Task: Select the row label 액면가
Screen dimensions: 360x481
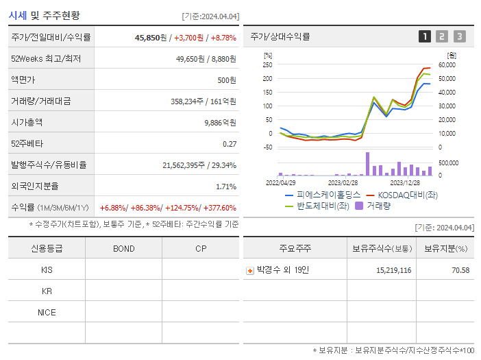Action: pos(23,80)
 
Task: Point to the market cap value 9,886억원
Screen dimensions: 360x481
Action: pos(221,123)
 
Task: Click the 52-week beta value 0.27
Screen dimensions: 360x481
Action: pos(230,144)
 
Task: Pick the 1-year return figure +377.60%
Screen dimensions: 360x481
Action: pos(218,208)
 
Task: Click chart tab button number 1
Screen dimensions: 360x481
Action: pos(425,36)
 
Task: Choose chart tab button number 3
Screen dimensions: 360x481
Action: pos(459,36)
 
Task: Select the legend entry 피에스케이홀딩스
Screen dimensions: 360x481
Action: pos(328,195)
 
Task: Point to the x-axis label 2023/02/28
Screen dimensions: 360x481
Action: pos(343,182)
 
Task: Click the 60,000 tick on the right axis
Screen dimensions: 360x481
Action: pos(447,65)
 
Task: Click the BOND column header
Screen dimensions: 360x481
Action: pos(123,248)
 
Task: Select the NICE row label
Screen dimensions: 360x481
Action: pos(47,312)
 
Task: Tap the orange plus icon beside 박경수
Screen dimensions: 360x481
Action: pos(250,270)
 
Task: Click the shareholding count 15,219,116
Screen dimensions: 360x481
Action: pos(393,270)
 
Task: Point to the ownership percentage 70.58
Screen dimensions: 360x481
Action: pos(461,270)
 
